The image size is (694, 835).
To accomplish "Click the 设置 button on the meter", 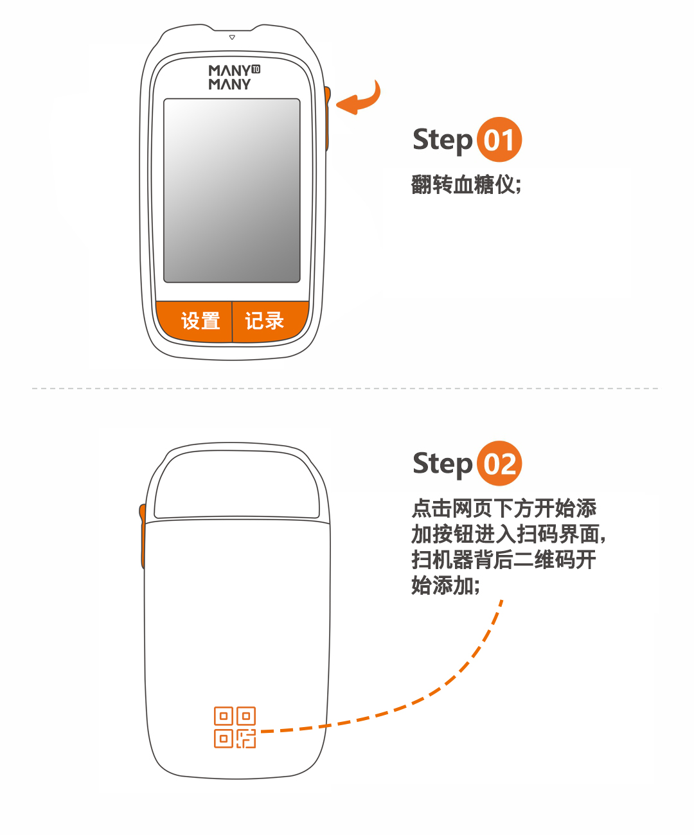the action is tap(195, 321).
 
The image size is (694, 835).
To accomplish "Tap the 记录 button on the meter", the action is tap(271, 321).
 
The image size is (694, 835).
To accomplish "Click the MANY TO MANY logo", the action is tap(234, 77).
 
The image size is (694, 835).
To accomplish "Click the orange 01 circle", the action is tap(499, 139).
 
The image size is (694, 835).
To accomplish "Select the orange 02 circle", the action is tap(499, 463).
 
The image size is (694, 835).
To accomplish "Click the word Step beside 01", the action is tap(442, 141).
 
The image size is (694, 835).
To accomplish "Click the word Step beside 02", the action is tap(442, 464).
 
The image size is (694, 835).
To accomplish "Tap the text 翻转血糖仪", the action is tap(466, 184).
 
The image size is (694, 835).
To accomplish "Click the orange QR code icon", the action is tap(235, 727).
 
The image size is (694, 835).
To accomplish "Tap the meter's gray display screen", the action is tap(232, 190).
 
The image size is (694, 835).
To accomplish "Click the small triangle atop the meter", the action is tap(232, 37).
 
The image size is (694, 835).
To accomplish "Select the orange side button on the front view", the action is tap(327, 118).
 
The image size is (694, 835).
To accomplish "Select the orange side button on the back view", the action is tap(142, 536).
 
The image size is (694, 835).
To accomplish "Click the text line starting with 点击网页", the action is tap(504, 508).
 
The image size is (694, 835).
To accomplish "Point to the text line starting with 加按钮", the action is tap(508, 534).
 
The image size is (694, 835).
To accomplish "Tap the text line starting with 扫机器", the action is tap(504, 559).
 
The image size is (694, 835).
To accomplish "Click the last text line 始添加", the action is tap(445, 585).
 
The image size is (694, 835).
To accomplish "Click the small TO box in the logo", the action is tap(256, 69).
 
